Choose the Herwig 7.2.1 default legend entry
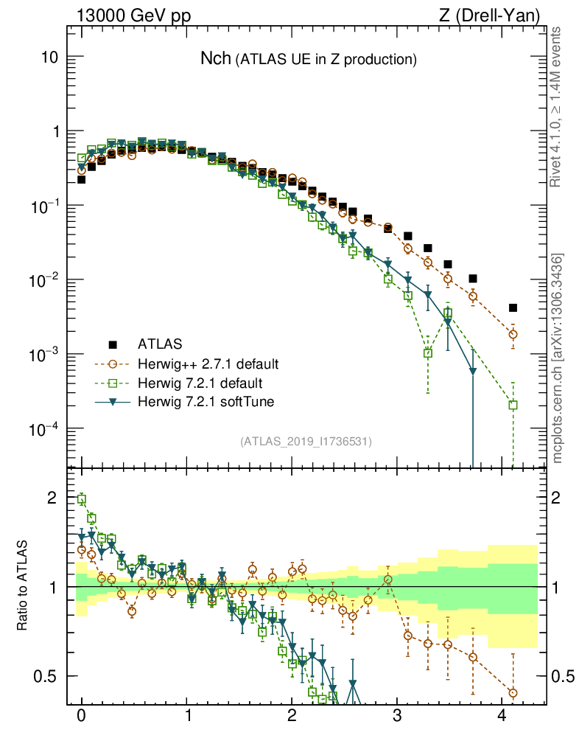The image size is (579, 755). coord(200,383)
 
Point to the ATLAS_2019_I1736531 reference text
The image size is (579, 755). coord(305,442)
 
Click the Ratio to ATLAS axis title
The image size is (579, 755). coord(24,587)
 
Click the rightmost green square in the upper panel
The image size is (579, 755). coord(513,404)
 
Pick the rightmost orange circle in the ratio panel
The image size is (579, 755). coord(513,693)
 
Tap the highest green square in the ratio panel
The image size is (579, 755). coord(82,499)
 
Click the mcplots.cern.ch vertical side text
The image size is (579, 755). coord(558,358)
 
